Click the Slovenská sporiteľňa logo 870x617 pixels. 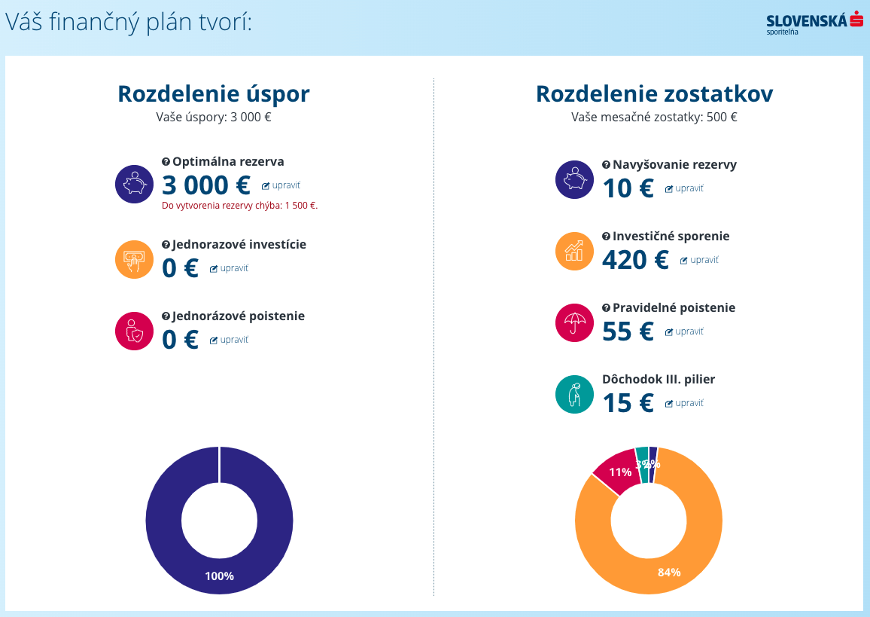click(814, 23)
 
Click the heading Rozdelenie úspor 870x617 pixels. click(214, 94)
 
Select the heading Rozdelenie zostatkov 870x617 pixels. click(654, 94)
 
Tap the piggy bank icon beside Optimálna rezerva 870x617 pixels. click(134, 184)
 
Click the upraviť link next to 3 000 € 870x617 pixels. click(281, 185)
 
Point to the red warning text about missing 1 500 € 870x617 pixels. click(240, 205)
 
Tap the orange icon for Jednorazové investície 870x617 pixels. click(134, 260)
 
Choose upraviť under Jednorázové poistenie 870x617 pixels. click(230, 340)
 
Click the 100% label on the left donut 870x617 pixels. click(219, 576)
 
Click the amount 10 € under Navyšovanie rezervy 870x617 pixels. click(628, 188)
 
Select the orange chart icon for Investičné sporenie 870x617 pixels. click(574, 251)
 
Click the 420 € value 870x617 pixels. click(635, 259)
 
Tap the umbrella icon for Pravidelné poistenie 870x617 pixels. click(574, 322)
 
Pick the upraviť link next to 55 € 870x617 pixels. click(684, 331)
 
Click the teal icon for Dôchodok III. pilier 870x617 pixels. click(574, 394)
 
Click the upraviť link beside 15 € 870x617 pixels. click(684, 403)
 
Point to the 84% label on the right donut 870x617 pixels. click(668, 573)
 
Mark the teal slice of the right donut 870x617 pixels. click(641, 454)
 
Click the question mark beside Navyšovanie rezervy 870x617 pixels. click(606, 165)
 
